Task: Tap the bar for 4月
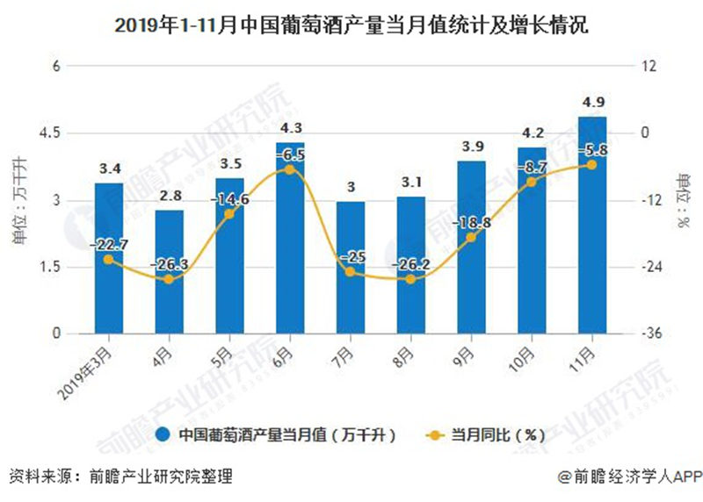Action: point(170,272)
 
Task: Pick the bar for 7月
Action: point(351,268)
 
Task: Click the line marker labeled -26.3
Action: point(170,279)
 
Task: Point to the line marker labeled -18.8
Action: point(471,237)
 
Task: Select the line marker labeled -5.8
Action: point(591,165)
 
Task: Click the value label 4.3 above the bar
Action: point(290,129)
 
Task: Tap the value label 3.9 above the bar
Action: point(471,147)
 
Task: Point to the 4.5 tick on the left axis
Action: point(47,133)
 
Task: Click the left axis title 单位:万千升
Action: point(19,200)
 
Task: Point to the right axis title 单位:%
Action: point(683,200)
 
